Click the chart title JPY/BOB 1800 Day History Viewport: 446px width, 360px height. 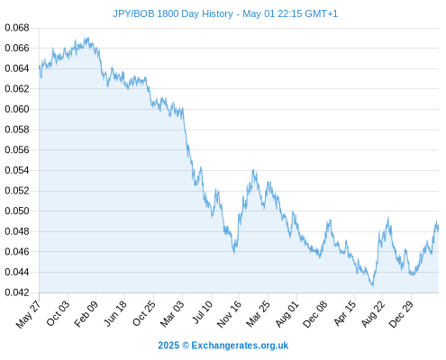(173, 13)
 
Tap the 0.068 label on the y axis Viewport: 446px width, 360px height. (17, 28)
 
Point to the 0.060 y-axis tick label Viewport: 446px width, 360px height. (17, 109)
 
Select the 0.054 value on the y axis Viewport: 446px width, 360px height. (17, 170)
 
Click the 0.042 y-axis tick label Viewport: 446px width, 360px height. (17, 292)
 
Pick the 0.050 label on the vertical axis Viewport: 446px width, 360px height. (17, 211)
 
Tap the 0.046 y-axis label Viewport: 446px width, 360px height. (17, 252)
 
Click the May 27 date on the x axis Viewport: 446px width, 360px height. (28, 314)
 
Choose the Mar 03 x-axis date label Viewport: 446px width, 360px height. (172, 314)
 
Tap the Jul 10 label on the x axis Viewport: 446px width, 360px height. (202, 312)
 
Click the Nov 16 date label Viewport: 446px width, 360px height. (229, 314)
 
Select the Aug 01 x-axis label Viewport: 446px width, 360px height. (287, 314)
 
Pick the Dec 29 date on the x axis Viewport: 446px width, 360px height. (401, 314)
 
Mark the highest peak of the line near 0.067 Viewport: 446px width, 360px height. (87, 38)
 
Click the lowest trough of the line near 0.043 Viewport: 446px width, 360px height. (373, 285)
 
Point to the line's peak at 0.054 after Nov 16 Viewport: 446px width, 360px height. (253, 170)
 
